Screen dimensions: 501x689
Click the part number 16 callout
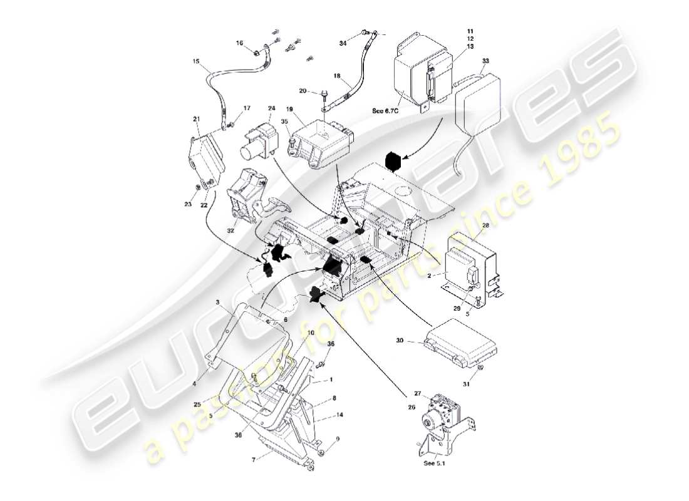click(x=239, y=43)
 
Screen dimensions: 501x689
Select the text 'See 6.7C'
click(x=385, y=111)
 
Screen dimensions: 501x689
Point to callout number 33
click(x=485, y=61)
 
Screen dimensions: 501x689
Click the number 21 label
click(x=196, y=119)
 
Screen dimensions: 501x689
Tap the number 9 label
click(x=338, y=440)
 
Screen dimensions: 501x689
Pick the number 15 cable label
click(x=196, y=62)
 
